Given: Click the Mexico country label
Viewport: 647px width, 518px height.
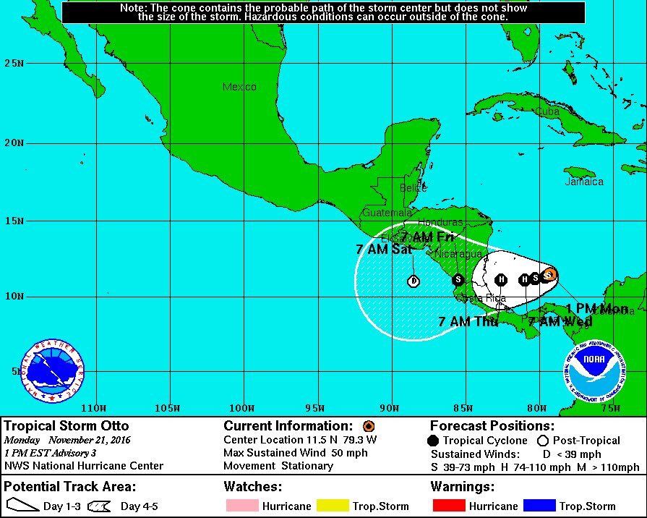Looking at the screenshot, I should tap(239, 87).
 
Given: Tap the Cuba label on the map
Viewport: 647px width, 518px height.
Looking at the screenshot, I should tap(547, 111).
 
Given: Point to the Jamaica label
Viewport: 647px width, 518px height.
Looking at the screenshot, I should tap(583, 182).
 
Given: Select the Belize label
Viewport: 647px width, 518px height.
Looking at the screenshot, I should tap(413, 188).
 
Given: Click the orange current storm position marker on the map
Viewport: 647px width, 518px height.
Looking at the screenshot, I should tap(549, 274).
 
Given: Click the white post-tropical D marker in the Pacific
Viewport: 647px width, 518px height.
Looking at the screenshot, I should tap(414, 281).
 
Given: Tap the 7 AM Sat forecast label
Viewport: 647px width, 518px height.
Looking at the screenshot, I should tap(383, 249).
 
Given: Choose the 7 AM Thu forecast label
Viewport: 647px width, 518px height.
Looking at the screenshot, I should tap(468, 321).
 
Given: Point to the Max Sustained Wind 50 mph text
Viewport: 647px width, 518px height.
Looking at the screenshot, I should tap(296, 453).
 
